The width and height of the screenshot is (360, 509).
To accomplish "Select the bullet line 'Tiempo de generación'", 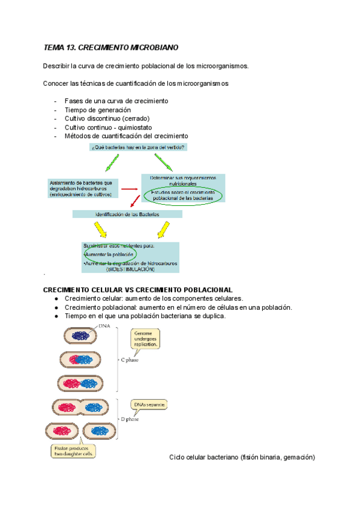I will pos(98,110).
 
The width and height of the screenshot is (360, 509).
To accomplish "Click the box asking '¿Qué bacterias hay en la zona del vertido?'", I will pos(138,147).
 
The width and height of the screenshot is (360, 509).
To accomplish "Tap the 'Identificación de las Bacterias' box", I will pos(127,214).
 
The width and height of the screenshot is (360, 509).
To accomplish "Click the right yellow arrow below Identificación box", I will pos(163,229).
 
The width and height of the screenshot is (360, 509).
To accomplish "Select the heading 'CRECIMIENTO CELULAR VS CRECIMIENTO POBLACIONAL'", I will pos(138,290).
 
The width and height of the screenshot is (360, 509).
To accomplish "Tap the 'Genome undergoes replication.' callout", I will pos(147,339).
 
